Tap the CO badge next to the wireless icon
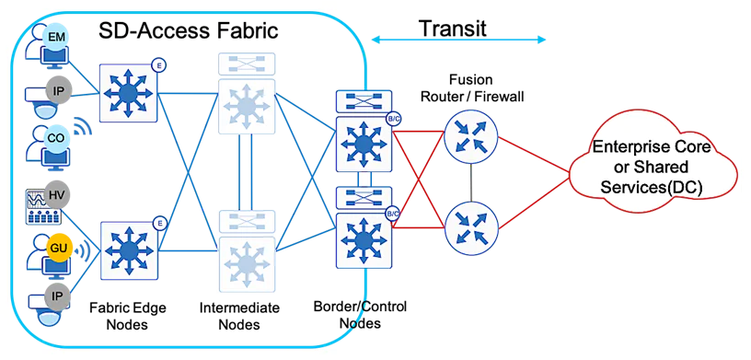tap(55, 138)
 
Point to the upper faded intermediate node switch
tap(246, 106)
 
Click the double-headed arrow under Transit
tap(459, 40)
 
